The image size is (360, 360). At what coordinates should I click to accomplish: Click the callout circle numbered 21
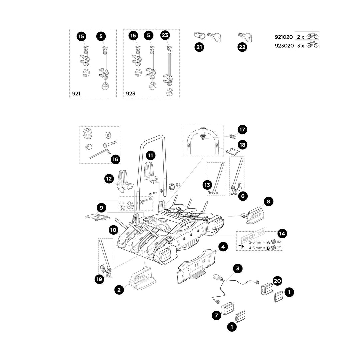point(199,47)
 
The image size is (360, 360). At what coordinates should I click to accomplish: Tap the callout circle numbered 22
point(242,47)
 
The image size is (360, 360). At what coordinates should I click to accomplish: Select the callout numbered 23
point(165,36)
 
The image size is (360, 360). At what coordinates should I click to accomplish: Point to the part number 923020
point(283,45)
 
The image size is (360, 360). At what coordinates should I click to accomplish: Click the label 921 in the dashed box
point(76,94)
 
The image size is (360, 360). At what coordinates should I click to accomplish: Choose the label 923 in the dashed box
point(130,94)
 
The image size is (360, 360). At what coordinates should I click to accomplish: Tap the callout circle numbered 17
point(242,129)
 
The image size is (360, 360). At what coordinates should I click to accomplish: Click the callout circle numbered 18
point(242,145)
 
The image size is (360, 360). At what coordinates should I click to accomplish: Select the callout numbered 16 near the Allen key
point(115,159)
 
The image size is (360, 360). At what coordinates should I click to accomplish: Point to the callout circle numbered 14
point(282,233)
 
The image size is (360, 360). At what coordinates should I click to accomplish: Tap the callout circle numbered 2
point(119,290)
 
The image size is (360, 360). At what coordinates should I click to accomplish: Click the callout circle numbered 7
point(216,315)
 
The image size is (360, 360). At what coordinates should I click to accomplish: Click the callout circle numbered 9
point(101,208)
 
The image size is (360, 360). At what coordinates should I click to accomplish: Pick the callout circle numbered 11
point(151,155)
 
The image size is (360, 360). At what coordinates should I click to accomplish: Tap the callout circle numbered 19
point(99,279)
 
